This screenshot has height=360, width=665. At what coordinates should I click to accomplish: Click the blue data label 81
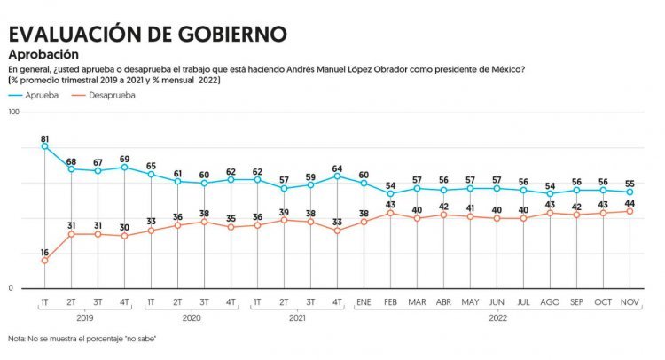coord(44,138)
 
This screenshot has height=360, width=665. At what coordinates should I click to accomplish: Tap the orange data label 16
coord(44,253)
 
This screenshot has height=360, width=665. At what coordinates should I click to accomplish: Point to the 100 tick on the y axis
coord(14,113)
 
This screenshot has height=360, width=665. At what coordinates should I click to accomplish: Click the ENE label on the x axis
coord(364,303)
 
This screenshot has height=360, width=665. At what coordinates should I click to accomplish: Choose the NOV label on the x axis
coord(630,303)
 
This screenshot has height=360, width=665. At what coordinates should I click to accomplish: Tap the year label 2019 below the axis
coord(84,317)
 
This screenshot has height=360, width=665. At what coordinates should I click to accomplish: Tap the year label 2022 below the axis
coord(497,317)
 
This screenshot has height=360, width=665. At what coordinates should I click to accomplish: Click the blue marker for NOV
coord(630,192)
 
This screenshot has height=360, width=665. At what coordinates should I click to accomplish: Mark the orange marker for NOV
coord(630,211)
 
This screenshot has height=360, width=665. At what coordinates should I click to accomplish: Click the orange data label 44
coord(630,202)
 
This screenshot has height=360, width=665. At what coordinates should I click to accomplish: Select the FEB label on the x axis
coord(390,303)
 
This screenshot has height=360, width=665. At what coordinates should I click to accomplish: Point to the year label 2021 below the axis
coord(297,317)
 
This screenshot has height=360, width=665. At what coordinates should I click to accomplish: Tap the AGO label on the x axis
coord(550,303)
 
